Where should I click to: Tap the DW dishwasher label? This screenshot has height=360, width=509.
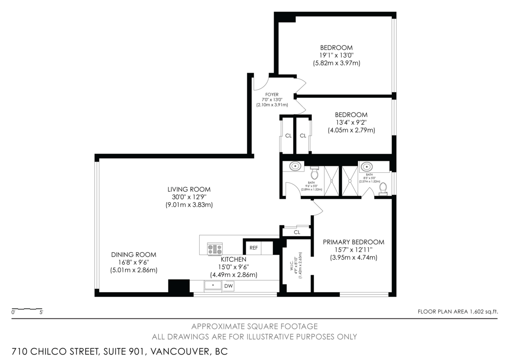(229, 287)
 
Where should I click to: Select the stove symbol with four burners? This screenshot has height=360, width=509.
(215, 249)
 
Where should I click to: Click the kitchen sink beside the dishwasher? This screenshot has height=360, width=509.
(213, 286)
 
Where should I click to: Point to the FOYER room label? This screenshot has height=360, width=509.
(272, 95)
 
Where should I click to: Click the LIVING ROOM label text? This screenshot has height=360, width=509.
(189, 189)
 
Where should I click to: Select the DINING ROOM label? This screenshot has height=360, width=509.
(134, 255)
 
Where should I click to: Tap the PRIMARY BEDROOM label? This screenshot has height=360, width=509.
(353, 242)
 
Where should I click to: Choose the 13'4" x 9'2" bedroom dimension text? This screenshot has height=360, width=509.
(351, 123)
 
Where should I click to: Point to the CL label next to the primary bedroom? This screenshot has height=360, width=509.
(297, 232)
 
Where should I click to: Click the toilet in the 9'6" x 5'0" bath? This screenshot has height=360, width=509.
(314, 174)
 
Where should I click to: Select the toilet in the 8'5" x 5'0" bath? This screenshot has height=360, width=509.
(383, 188)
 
